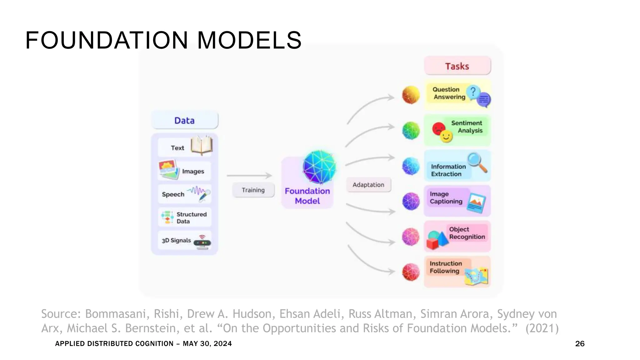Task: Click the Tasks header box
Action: pos(457,66)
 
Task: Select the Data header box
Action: pos(184,120)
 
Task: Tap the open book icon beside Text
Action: pos(202,145)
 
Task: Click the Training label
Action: pos(253,190)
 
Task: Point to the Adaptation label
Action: pos(368,185)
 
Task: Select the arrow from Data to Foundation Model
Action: pos(249,176)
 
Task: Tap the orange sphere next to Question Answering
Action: pos(411,95)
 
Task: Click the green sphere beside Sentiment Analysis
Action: pos(411,130)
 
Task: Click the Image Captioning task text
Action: pos(446,198)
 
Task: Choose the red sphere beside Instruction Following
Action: pos(411,272)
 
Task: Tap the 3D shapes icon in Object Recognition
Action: pos(437,240)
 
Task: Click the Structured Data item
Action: pos(184,217)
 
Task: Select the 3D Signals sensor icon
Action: pos(202,242)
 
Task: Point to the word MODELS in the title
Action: pos(249,41)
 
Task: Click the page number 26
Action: pos(580,344)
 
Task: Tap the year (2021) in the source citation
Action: pos(542,328)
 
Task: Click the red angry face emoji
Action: pos(438,128)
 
